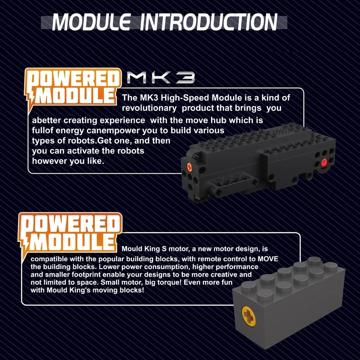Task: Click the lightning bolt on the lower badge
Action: (x=27, y=243)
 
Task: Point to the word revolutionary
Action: (x=149, y=108)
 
